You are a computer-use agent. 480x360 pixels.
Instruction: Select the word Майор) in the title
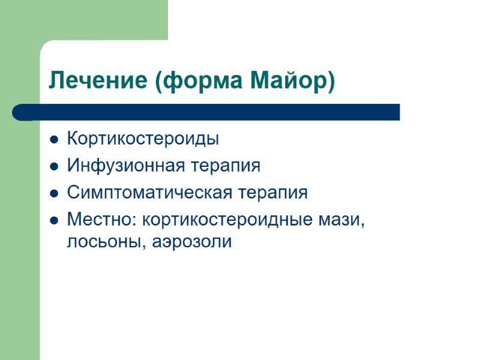[x=292, y=80]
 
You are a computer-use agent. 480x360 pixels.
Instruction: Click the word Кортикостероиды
[x=143, y=139]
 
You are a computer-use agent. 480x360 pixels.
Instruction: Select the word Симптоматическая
[x=148, y=193]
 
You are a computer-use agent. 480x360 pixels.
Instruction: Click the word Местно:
[x=102, y=220]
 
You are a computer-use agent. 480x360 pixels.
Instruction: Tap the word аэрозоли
[x=191, y=243]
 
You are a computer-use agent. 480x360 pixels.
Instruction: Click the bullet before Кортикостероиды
[x=54, y=140]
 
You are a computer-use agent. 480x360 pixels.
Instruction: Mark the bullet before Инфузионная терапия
[x=54, y=167]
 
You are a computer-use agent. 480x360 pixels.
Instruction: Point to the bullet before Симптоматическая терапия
[x=54, y=194]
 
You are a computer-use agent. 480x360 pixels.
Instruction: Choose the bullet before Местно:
[x=54, y=221]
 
